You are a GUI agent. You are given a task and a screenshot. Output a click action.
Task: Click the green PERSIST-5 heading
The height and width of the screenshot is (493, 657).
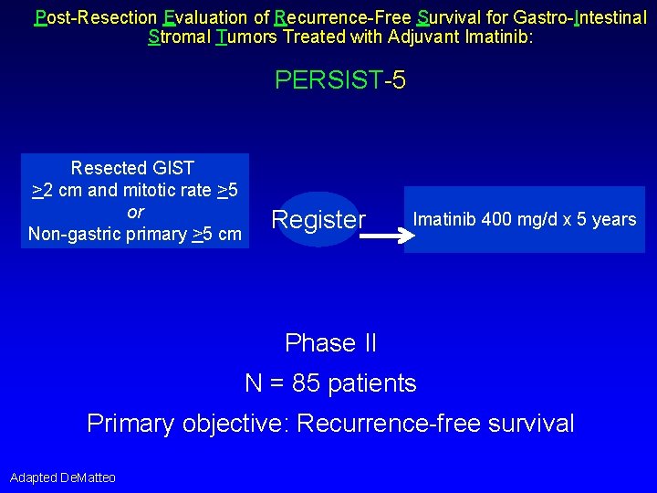339,80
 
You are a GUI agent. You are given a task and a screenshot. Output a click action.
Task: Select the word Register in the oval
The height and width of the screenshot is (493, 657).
318,220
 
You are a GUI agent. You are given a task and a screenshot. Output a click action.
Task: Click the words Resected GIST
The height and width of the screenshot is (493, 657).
133,168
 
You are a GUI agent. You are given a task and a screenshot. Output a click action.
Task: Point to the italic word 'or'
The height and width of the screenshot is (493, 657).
135,212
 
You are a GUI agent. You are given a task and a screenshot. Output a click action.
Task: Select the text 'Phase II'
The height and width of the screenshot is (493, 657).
330,343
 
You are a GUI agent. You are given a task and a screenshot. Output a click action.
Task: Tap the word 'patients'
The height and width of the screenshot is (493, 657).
373,383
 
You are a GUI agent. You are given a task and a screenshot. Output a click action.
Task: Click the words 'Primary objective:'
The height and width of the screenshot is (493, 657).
188,424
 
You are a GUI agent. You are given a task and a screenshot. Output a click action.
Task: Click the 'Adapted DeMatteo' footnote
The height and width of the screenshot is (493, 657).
63,477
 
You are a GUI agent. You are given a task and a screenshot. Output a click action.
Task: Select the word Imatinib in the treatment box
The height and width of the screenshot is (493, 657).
443,219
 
